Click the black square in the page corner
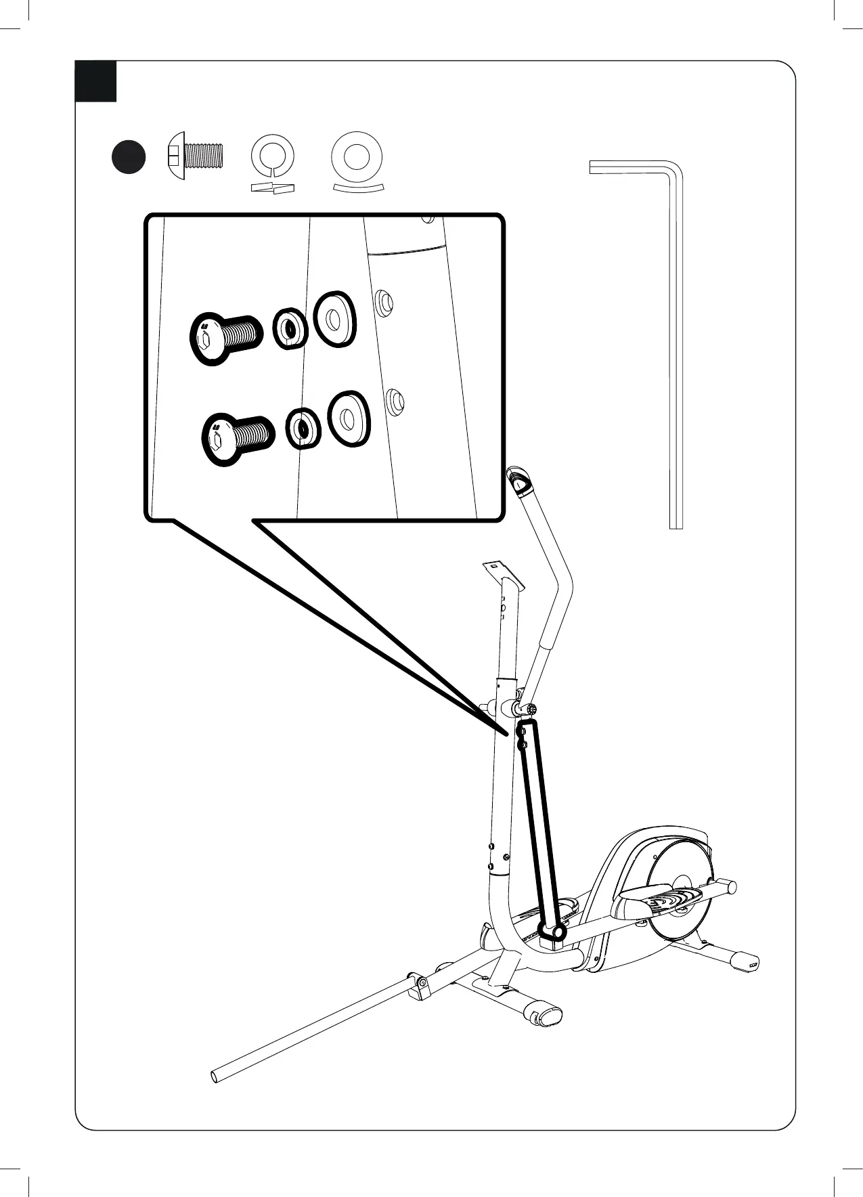click(95, 81)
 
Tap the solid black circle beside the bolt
click(128, 156)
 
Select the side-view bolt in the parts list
click(195, 156)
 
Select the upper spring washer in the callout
click(290, 329)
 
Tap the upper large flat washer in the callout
click(334, 320)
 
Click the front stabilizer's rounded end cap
click(549, 1015)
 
